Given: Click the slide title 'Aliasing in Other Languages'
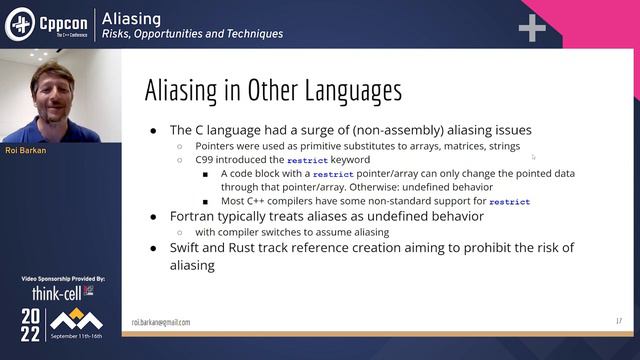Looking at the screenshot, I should [273, 91].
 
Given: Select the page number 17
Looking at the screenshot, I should [618, 321].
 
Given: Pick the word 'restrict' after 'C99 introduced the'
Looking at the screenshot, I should [306, 159].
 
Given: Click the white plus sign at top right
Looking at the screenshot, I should [532, 28].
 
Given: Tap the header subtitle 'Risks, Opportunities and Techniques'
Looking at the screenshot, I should [192, 34].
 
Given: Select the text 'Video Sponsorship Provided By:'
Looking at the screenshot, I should [61, 279].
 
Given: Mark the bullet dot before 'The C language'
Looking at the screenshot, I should [152, 130].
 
